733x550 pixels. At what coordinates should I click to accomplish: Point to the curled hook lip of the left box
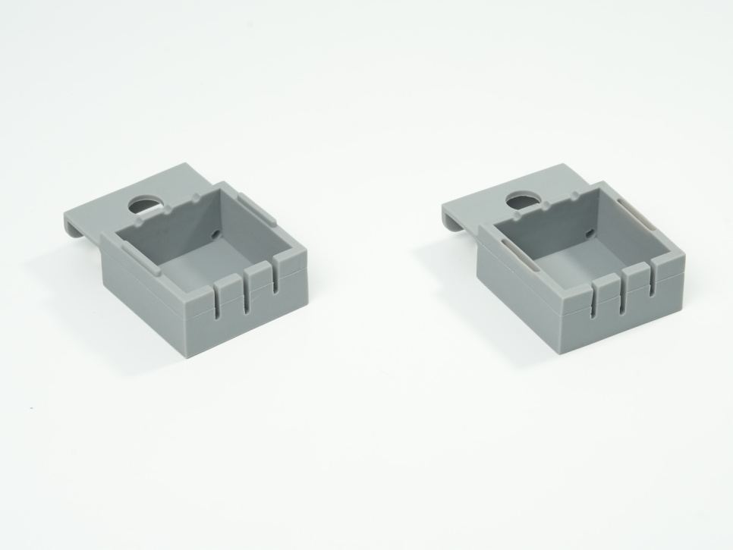click(x=71, y=224)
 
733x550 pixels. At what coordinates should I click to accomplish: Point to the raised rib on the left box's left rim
click(x=133, y=255)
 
